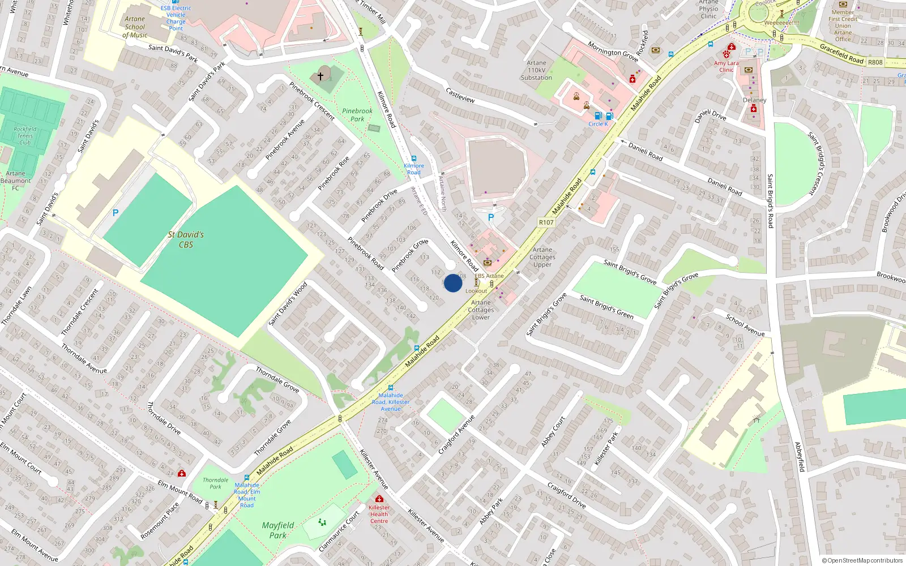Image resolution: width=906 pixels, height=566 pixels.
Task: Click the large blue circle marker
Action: [x=453, y=283]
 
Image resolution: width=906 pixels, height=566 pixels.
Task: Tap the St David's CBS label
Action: [x=186, y=239]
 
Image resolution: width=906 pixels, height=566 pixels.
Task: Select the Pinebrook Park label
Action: [x=357, y=115]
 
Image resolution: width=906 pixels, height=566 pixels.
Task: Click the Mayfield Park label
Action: [x=278, y=530]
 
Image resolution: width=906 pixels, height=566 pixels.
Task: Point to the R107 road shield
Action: [x=546, y=222]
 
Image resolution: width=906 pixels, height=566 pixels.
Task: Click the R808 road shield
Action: [x=875, y=62]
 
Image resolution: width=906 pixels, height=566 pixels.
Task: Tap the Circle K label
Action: [x=598, y=124]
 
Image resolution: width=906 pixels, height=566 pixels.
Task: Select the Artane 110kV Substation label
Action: [x=536, y=71]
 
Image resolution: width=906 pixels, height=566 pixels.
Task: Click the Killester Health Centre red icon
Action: [x=379, y=499]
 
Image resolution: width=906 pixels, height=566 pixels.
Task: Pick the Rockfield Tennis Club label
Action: [x=25, y=136]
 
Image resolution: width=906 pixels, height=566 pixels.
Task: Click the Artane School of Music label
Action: [x=135, y=27]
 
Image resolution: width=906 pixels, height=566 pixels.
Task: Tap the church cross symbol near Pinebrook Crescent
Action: [x=320, y=76]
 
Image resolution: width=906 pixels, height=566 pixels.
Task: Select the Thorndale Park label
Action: [x=216, y=483]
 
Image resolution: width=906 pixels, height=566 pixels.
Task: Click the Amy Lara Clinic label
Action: [x=726, y=67]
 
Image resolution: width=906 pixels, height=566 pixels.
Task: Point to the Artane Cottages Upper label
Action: [x=542, y=257]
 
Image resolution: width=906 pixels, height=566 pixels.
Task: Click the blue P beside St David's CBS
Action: [x=116, y=213]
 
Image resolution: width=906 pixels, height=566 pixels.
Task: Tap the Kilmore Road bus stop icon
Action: [x=414, y=159]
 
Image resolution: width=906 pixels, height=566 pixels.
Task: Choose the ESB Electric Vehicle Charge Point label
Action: [x=176, y=18]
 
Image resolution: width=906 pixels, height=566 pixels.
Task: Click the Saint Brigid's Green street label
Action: [x=606, y=306]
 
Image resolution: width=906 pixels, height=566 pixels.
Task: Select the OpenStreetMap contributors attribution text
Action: [x=862, y=561]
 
